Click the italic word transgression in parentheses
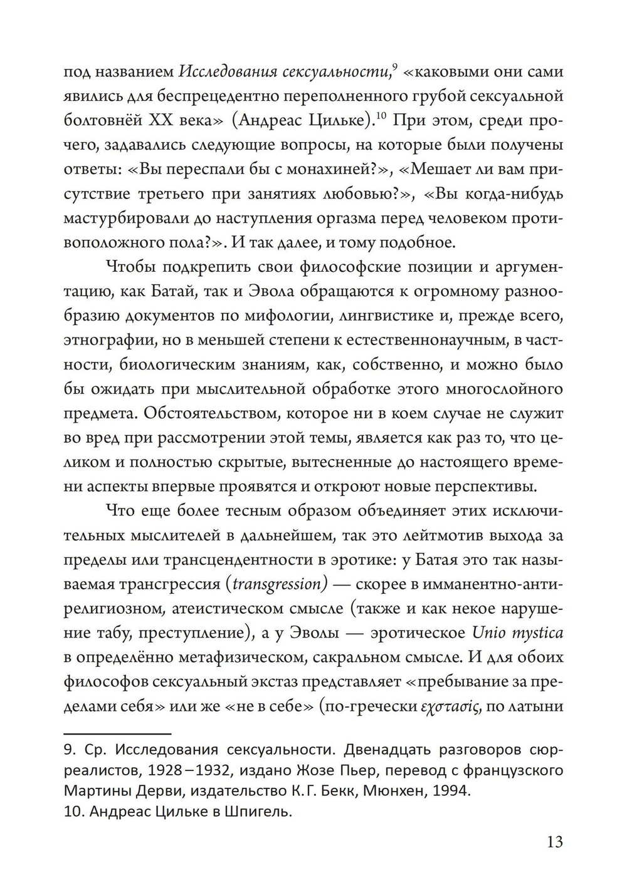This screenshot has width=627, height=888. pos(277,584)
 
